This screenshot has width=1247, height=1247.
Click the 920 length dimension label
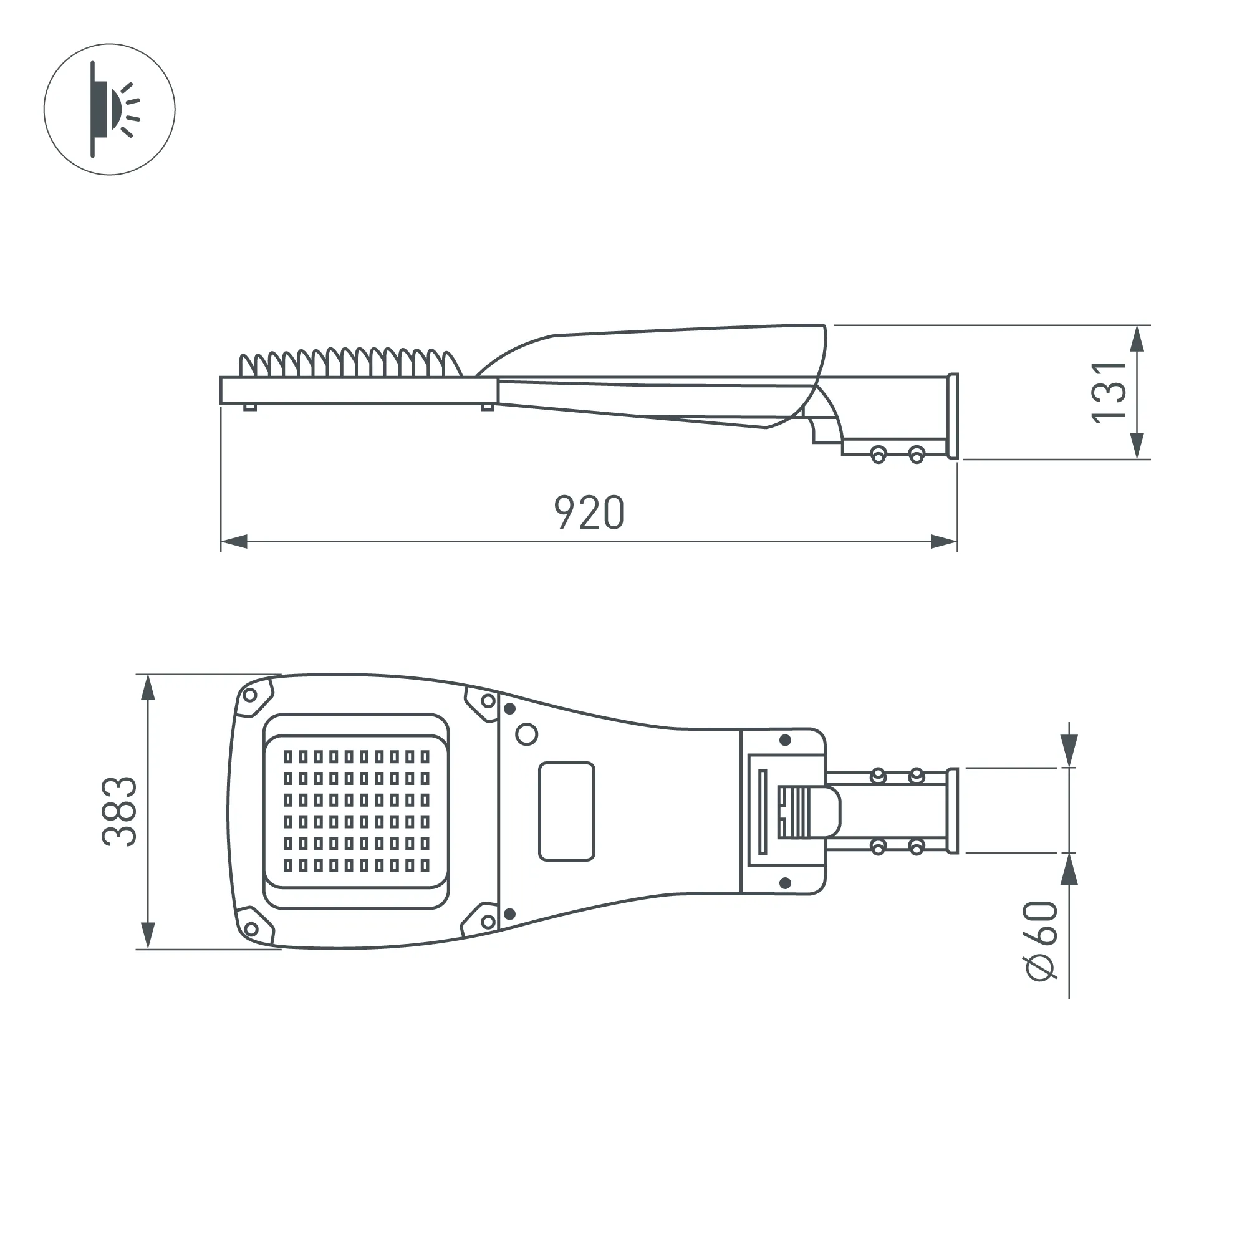tap(589, 513)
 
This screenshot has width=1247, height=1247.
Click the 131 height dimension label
tap(1109, 392)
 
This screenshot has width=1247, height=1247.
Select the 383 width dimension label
tap(120, 811)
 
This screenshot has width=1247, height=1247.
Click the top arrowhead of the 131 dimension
tap(1138, 338)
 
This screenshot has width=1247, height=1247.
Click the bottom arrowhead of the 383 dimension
tap(148, 935)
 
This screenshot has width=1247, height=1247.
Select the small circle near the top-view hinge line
tap(527, 734)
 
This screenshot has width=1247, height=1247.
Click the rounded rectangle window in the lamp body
tap(566, 811)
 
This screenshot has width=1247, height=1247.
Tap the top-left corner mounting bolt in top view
tap(249, 695)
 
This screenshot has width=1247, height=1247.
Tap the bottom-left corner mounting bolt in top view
tap(251, 930)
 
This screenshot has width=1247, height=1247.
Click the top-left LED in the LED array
tap(288, 756)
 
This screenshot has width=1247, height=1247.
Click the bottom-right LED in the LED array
tap(425, 865)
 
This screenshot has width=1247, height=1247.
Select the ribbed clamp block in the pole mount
tap(794, 812)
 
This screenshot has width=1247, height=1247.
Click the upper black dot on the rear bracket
tap(786, 739)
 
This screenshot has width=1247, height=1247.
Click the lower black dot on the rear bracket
tap(786, 882)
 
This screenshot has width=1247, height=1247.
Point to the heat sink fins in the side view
tap(349, 364)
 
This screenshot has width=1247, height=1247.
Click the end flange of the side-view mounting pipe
tap(952, 416)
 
